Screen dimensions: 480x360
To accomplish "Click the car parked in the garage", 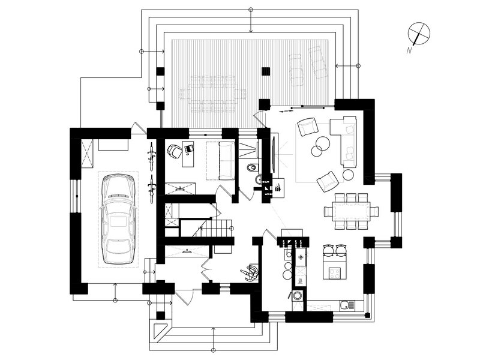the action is [x=118, y=219].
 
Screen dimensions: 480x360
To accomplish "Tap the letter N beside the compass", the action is [x=409, y=50].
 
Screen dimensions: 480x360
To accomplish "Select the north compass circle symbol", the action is [x=419, y=33].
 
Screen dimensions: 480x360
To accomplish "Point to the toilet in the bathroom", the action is [x=251, y=167].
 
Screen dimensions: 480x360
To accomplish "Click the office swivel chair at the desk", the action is [x=174, y=151].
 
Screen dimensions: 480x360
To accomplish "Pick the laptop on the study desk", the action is [x=189, y=148].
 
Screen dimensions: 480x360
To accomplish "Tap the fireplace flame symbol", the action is [x=278, y=187].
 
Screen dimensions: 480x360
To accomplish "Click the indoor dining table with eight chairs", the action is [x=351, y=211].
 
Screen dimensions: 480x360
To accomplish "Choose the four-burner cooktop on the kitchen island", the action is [x=335, y=273].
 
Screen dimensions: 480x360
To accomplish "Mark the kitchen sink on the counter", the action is [x=347, y=305].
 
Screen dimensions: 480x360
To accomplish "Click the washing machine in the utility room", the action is [x=297, y=295].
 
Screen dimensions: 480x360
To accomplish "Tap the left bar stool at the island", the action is [x=328, y=250].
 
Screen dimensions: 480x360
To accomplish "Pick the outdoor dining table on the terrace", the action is [x=213, y=93].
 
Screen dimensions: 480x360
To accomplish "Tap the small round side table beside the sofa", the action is [x=349, y=175].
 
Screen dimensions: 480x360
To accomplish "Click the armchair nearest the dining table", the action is [x=327, y=182].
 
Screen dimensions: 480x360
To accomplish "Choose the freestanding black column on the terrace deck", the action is [x=266, y=71].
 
